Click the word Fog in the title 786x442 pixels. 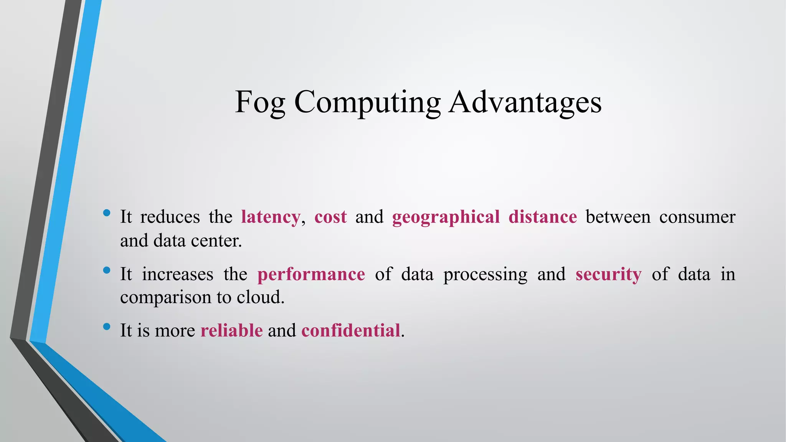(260, 103)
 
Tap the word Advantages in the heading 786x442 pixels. (525, 103)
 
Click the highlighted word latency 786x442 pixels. (270, 217)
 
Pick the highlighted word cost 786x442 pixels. (330, 217)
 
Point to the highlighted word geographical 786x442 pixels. (446, 217)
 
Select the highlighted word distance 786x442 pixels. (542, 217)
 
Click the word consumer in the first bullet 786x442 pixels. (697, 217)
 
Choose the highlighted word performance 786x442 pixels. (311, 274)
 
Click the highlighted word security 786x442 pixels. (608, 274)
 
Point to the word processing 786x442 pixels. (485, 274)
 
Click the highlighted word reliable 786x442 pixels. (231, 330)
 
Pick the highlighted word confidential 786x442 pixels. (351, 330)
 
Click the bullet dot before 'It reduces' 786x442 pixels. (107, 213)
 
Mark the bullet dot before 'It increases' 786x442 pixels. (107, 270)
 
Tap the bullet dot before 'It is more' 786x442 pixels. (107, 327)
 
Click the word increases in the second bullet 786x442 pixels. (177, 274)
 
